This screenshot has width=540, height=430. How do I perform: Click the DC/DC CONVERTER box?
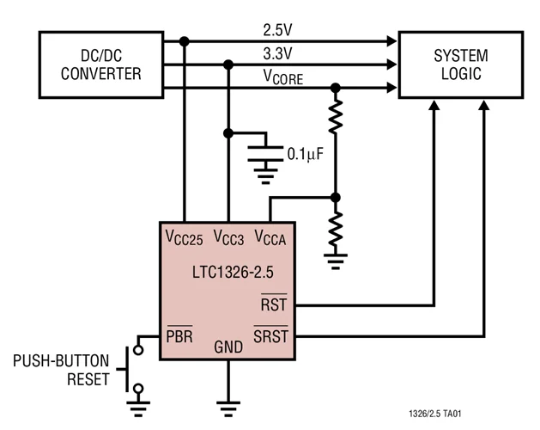point(100,64)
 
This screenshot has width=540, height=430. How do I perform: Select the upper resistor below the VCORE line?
point(336,115)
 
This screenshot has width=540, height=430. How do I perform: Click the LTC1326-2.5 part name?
point(227,272)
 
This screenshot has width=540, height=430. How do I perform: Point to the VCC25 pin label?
point(184,236)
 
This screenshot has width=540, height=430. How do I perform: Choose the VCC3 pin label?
point(228,236)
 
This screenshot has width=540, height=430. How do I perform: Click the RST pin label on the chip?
point(274,304)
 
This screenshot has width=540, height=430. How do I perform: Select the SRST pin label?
point(270,335)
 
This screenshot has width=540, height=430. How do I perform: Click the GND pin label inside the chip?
point(228,347)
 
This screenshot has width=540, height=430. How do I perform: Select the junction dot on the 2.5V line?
point(184,40)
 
